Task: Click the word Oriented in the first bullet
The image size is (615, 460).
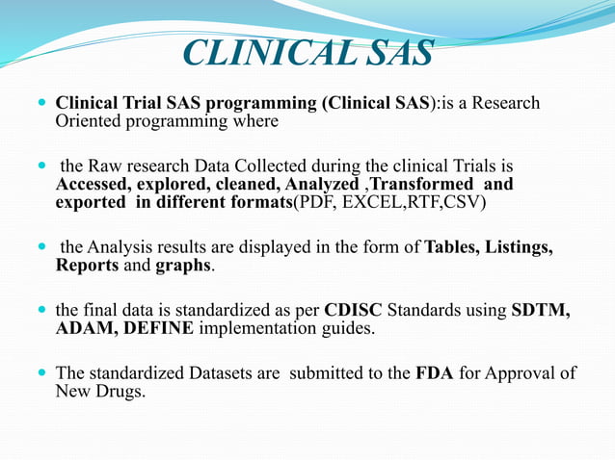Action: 88,122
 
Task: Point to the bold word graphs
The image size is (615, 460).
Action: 183,266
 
